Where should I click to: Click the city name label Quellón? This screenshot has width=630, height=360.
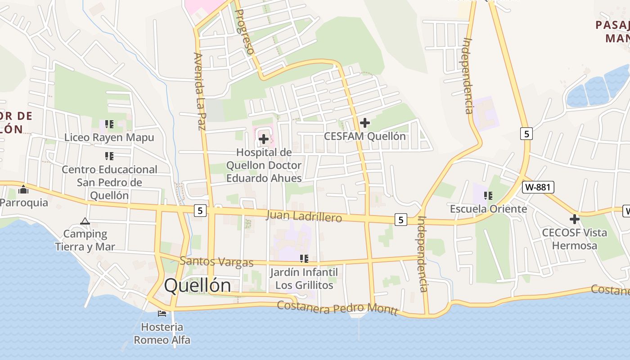[198, 285]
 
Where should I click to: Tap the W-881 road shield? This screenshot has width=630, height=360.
[538, 187]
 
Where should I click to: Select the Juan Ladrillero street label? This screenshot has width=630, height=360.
[304, 216]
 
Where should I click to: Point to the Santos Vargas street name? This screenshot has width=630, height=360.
[216, 261]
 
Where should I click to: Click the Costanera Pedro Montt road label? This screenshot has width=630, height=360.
[337, 308]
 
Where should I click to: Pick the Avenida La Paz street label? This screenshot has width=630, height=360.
[199, 91]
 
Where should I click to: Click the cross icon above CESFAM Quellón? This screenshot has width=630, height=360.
[365, 122]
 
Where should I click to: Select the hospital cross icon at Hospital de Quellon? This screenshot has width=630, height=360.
[264, 139]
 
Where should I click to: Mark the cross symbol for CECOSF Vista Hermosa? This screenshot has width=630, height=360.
[574, 219]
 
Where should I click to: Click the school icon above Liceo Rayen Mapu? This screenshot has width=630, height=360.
[109, 124]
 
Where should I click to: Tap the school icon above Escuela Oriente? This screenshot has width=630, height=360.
[488, 196]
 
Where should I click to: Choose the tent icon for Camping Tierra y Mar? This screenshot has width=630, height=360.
[85, 221]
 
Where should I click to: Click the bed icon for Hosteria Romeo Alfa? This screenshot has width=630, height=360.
[162, 313]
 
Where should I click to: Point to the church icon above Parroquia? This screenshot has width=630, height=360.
[23, 189]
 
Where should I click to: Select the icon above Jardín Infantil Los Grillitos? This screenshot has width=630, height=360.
[304, 259]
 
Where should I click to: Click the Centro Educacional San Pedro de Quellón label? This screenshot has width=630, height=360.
[109, 182]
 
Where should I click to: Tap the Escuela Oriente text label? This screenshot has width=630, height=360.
[488, 209]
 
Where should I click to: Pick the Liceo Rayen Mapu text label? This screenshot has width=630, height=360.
[109, 137]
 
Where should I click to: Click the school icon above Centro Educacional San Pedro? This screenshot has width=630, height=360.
[109, 156]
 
